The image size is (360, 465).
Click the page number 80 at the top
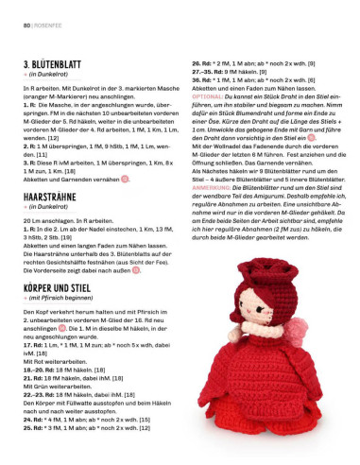[15, 10]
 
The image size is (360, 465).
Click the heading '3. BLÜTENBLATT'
[56, 65]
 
